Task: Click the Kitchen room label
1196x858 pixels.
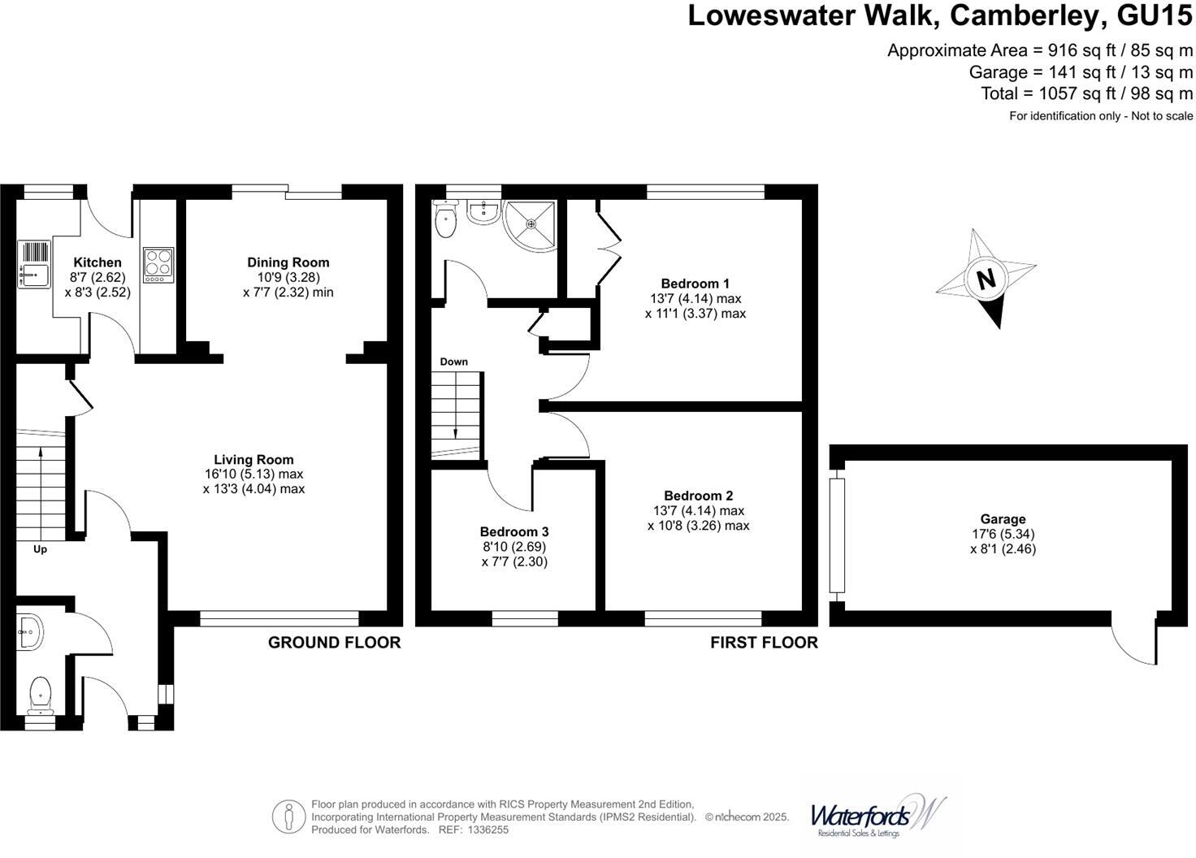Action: (x=97, y=262)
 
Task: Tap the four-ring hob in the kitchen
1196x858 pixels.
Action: (x=158, y=265)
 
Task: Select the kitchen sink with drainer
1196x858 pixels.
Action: (x=34, y=264)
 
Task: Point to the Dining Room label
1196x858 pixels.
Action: (x=288, y=262)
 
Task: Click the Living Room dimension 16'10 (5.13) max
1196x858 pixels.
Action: (x=253, y=474)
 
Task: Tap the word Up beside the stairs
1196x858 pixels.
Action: (x=40, y=549)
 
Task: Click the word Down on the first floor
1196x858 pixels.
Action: (x=454, y=362)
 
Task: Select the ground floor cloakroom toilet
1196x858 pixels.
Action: (x=41, y=695)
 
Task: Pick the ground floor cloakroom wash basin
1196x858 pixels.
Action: (x=30, y=633)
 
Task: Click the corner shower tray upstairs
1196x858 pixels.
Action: (x=530, y=225)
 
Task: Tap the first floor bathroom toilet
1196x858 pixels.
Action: (x=445, y=219)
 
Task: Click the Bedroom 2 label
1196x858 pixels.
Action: (x=699, y=496)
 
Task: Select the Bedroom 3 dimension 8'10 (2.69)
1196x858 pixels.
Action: (x=514, y=547)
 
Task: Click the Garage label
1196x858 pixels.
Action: (x=1003, y=519)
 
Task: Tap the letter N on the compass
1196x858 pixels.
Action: (x=986, y=278)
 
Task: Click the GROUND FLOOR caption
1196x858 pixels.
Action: (x=334, y=643)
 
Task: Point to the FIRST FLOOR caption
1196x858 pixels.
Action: (x=764, y=643)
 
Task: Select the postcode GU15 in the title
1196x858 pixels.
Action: (x=1155, y=15)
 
